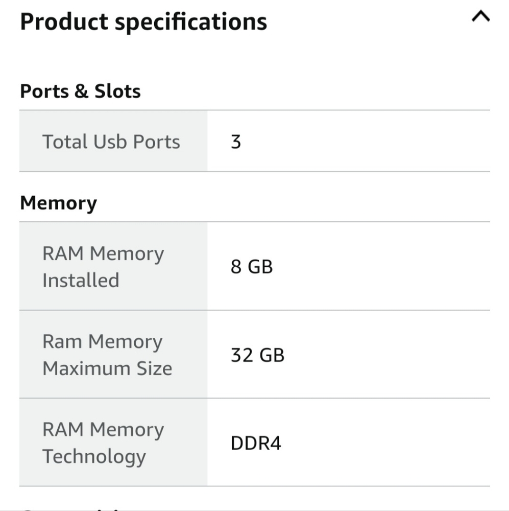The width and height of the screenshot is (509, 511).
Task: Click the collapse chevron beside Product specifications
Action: tap(481, 16)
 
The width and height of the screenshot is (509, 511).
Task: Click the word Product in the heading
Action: tap(64, 22)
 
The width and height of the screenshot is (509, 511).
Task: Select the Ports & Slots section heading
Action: tap(81, 91)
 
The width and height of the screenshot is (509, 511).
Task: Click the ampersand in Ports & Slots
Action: tap(81, 91)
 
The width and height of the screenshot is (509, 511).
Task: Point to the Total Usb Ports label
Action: tap(111, 142)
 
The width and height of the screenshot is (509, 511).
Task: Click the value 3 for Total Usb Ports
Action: tap(236, 142)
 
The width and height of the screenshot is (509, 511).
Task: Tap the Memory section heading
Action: tap(59, 203)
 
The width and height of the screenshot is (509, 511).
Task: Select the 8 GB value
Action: tap(252, 267)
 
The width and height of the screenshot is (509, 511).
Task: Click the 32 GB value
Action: tap(258, 355)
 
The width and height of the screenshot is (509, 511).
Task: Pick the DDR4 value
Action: tap(256, 443)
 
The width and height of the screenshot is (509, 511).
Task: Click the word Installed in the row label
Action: tap(81, 280)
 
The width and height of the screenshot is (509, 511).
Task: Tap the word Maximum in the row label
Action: tap(86, 368)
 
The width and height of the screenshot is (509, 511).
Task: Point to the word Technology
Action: tap(94, 457)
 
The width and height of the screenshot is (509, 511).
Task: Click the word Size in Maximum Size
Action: tap(154, 368)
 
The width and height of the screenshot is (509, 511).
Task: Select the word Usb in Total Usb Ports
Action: tap(110, 142)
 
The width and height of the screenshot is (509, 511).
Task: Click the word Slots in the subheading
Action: tap(117, 91)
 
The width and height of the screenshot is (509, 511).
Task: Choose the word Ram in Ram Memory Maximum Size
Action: tap(62, 342)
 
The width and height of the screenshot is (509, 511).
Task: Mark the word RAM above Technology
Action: tap(63, 430)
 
